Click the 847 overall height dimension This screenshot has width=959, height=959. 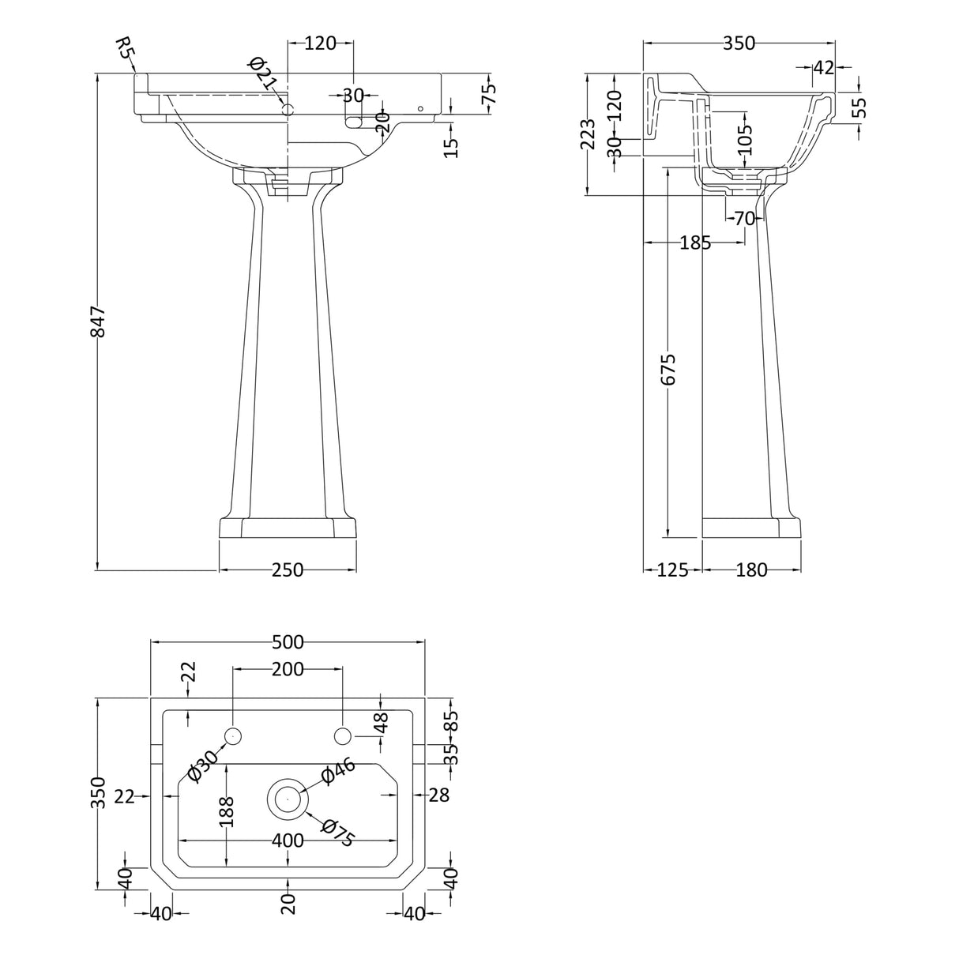pyautogui.click(x=98, y=322)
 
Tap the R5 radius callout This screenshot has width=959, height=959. pyautogui.click(x=125, y=47)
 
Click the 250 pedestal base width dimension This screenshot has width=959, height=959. pyautogui.click(x=288, y=570)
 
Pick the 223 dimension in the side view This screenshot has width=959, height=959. pyautogui.click(x=589, y=134)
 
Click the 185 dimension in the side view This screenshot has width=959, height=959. pyautogui.click(x=695, y=243)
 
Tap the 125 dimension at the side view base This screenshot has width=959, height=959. pyautogui.click(x=673, y=570)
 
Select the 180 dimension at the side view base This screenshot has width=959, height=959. pyautogui.click(x=751, y=570)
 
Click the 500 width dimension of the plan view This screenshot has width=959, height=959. pyautogui.click(x=288, y=642)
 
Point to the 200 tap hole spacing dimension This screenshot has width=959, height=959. pyautogui.click(x=288, y=669)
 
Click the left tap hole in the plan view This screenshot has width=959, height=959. pyautogui.click(x=233, y=735)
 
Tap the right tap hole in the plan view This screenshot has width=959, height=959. pyautogui.click(x=342, y=735)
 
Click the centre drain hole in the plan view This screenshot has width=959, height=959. pyautogui.click(x=288, y=799)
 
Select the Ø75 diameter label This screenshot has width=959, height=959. pyautogui.click(x=338, y=833)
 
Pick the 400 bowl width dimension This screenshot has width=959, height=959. pyautogui.click(x=288, y=841)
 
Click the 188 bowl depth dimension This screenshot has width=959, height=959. pyautogui.click(x=227, y=812)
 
